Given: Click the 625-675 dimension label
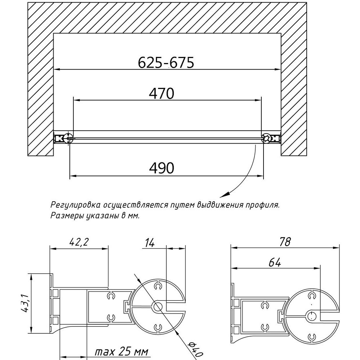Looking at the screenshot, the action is [x=166, y=62].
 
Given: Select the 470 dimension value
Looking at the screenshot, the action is [x=162, y=93].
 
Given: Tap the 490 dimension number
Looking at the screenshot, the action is [x=162, y=168].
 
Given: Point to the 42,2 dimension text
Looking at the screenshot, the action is [x=79, y=242].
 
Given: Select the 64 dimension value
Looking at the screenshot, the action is [x=275, y=262].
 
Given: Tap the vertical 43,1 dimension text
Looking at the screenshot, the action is [x=24, y=303].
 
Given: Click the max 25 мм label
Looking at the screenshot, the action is [x=121, y=351].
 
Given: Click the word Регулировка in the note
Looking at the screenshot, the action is [x=75, y=205].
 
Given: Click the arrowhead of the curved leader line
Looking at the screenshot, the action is [x=223, y=195].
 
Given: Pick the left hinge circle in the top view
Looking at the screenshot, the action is [x=68, y=138].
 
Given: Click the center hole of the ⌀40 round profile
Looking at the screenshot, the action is [x=158, y=307].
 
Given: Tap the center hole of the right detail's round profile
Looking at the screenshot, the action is [x=311, y=316].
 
